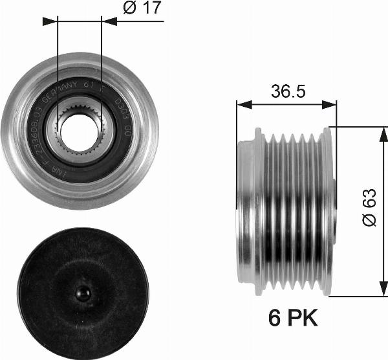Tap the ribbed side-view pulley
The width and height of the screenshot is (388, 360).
285,211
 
